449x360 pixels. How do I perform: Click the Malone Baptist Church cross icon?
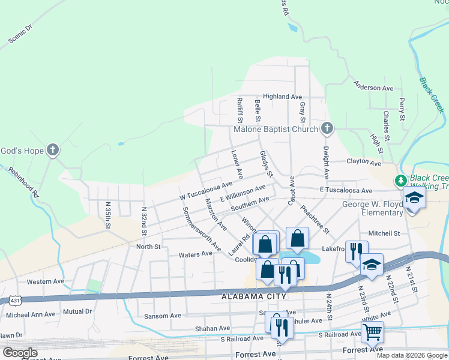pyautogui.click(x=327, y=128)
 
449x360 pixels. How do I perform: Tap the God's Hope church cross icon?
pyautogui.click(x=53, y=149)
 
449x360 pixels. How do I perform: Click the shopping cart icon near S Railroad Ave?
pyautogui.click(x=372, y=331)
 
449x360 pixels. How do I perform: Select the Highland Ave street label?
pyautogui.click(x=282, y=96)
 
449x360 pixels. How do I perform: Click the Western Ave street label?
pyautogui.click(x=45, y=281)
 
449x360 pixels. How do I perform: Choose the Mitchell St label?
pyautogui.click(x=384, y=233)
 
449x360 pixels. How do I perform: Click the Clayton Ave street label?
pyautogui.click(x=364, y=163)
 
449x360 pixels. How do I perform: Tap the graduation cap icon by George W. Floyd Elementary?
pyautogui.click(x=414, y=197)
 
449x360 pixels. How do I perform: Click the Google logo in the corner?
pyautogui.click(x=20, y=353)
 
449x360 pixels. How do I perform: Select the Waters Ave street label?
pyautogui.click(x=196, y=254)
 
